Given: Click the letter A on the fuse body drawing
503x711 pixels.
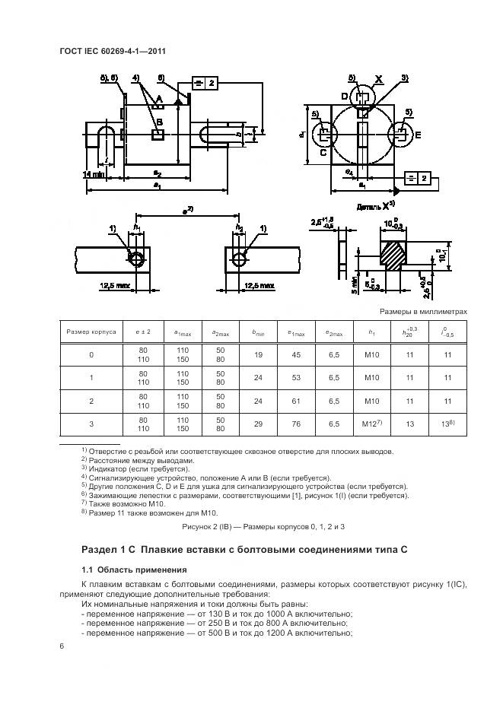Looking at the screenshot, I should tap(160, 100).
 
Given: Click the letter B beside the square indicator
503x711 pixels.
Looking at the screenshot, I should tap(159, 122).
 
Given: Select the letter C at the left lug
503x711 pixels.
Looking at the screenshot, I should tap(323, 151).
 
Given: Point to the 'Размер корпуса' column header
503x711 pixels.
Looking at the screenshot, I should tap(91, 331).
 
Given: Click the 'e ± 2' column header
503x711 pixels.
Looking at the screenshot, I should tap(144, 331).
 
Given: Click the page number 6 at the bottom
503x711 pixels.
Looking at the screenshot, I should tap(61, 646).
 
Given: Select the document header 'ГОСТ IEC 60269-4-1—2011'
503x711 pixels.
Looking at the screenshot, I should tap(112, 52).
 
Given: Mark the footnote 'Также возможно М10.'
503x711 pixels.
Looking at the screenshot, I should tap(124, 503).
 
